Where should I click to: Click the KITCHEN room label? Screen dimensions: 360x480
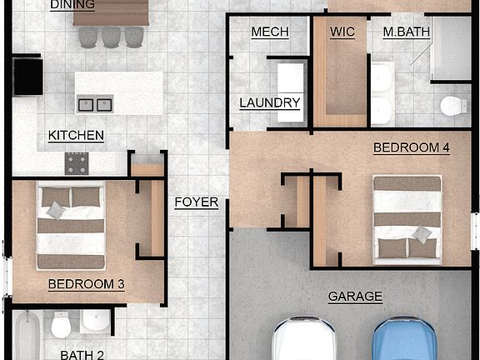click(x=76, y=136)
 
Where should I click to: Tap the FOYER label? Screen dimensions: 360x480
click(x=197, y=202)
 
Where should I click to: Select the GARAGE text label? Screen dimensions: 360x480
click(x=355, y=296)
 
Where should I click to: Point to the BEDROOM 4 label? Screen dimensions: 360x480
click(x=411, y=148)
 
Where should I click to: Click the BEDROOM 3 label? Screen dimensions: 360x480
click(x=86, y=284)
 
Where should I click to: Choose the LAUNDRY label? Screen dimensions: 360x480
click(x=269, y=103)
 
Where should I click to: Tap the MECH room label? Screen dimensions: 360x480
click(x=270, y=32)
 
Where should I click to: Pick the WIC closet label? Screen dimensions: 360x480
click(x=342, y=32)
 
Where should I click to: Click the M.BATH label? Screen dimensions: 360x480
click(x=406, y=32)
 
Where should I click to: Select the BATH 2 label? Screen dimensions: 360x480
click(x=82, y=354)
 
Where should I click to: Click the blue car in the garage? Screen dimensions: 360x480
click(x=406, y=341)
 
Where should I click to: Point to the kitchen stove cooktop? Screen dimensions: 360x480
click(x=77, y=162)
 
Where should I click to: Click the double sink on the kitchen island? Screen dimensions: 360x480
click(x=94, y=105)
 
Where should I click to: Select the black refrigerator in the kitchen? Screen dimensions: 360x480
click(x=27, y=77)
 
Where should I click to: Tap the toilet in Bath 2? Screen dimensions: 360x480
click(x=61, y=325)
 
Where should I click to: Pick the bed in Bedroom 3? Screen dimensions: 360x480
click(x=71, y=226)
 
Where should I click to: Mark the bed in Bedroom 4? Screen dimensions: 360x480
click(x=407, y=217)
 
